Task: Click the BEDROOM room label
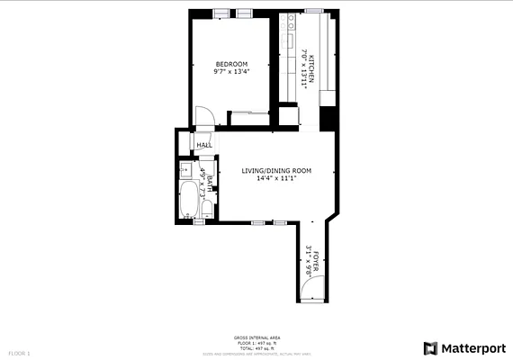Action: pyautogui.click(x=230, y=63)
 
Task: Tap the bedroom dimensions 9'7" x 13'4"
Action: pyautogui.click(x=230, y=71)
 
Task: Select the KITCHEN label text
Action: pyautogui.click(x=312, y=66)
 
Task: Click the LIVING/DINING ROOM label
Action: pyautogui.click(x=276, y=170)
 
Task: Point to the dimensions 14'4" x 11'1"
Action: pyautogui.click(x=276, y=178)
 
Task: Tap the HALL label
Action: pyautogui.click(x=204, y=145)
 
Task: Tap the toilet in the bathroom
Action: pyautogui.click(x=207, y=209)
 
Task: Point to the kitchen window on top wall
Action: pyautogui.click(x=313, y=11)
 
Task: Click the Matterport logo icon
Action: pyautogui.click(x=432, y=347)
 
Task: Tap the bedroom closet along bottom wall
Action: pyautogui.click(x=249, y=112)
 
